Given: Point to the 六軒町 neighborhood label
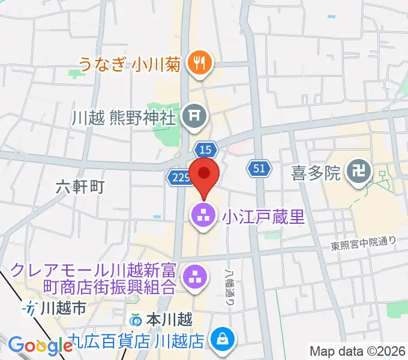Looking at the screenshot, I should click(x=80, y=187).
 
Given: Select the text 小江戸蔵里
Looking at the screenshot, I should click(x=263, y=216).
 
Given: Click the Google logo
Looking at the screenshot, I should click(x=41, y=345).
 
